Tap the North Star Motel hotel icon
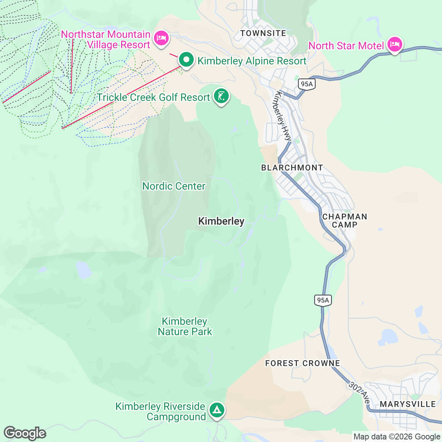394,45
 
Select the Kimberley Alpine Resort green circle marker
186,60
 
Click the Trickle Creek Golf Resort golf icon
221,97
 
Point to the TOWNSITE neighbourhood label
263,33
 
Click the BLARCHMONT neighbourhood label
292,168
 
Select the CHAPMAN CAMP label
344,221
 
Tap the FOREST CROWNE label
302,363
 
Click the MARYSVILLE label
408,404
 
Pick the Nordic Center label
173,186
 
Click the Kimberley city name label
221,221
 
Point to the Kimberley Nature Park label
185,326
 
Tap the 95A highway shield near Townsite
306,84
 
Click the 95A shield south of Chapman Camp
323,300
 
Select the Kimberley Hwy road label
282,116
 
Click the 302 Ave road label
359,393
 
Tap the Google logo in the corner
25,433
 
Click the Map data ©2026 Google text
396,437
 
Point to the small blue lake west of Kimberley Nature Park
84,270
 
